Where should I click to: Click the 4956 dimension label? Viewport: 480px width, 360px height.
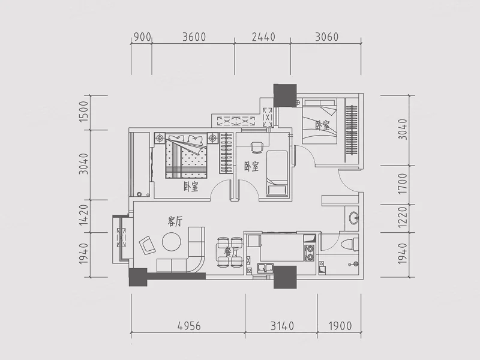[x=189, y=326]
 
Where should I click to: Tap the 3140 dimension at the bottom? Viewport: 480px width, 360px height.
[x=282, y=326]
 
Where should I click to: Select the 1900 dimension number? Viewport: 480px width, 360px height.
[x=340, y=326]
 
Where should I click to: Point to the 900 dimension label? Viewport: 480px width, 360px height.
[x=142, y=37]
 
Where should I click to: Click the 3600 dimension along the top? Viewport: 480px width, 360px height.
[x=194, y=37]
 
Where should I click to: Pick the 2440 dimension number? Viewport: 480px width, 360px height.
[x=263, y=37]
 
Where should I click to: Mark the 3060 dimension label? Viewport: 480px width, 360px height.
[x=326, y=37]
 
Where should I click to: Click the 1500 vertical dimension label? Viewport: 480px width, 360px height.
[x=83, y=112]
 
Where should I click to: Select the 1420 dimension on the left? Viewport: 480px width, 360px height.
[x=83, y=215]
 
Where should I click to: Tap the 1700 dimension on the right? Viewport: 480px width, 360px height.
[x=403, y=184]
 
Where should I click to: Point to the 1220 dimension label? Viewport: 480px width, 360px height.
[x=403, y=218]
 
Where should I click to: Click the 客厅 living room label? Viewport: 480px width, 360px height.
[x=175, y=221]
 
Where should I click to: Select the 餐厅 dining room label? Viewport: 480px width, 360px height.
[x=231, y=252]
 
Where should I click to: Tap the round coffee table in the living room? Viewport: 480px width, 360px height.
[x=172, y=242]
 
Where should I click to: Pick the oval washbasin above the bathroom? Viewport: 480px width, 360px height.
[x=354, y=218]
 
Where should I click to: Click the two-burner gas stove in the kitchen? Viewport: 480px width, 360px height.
[x=310, y=253]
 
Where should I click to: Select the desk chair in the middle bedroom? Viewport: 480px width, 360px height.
[x=257, y=148]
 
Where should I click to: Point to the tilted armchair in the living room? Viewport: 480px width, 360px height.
[x=147, y=245]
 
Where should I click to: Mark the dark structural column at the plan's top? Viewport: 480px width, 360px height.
[x=285, y=95]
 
